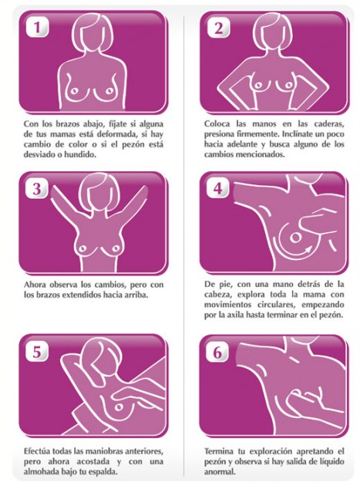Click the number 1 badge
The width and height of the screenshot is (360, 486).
[39, 29]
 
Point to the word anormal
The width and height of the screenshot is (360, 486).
[225, 472]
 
